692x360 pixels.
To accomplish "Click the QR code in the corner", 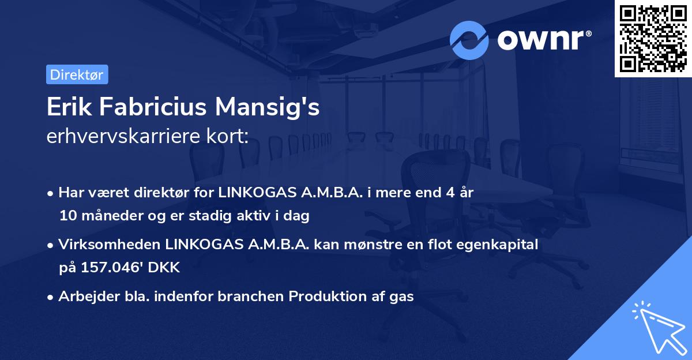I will point(653,39).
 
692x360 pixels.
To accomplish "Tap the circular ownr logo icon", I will point(469,40).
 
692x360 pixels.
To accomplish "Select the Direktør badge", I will point(77,74).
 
